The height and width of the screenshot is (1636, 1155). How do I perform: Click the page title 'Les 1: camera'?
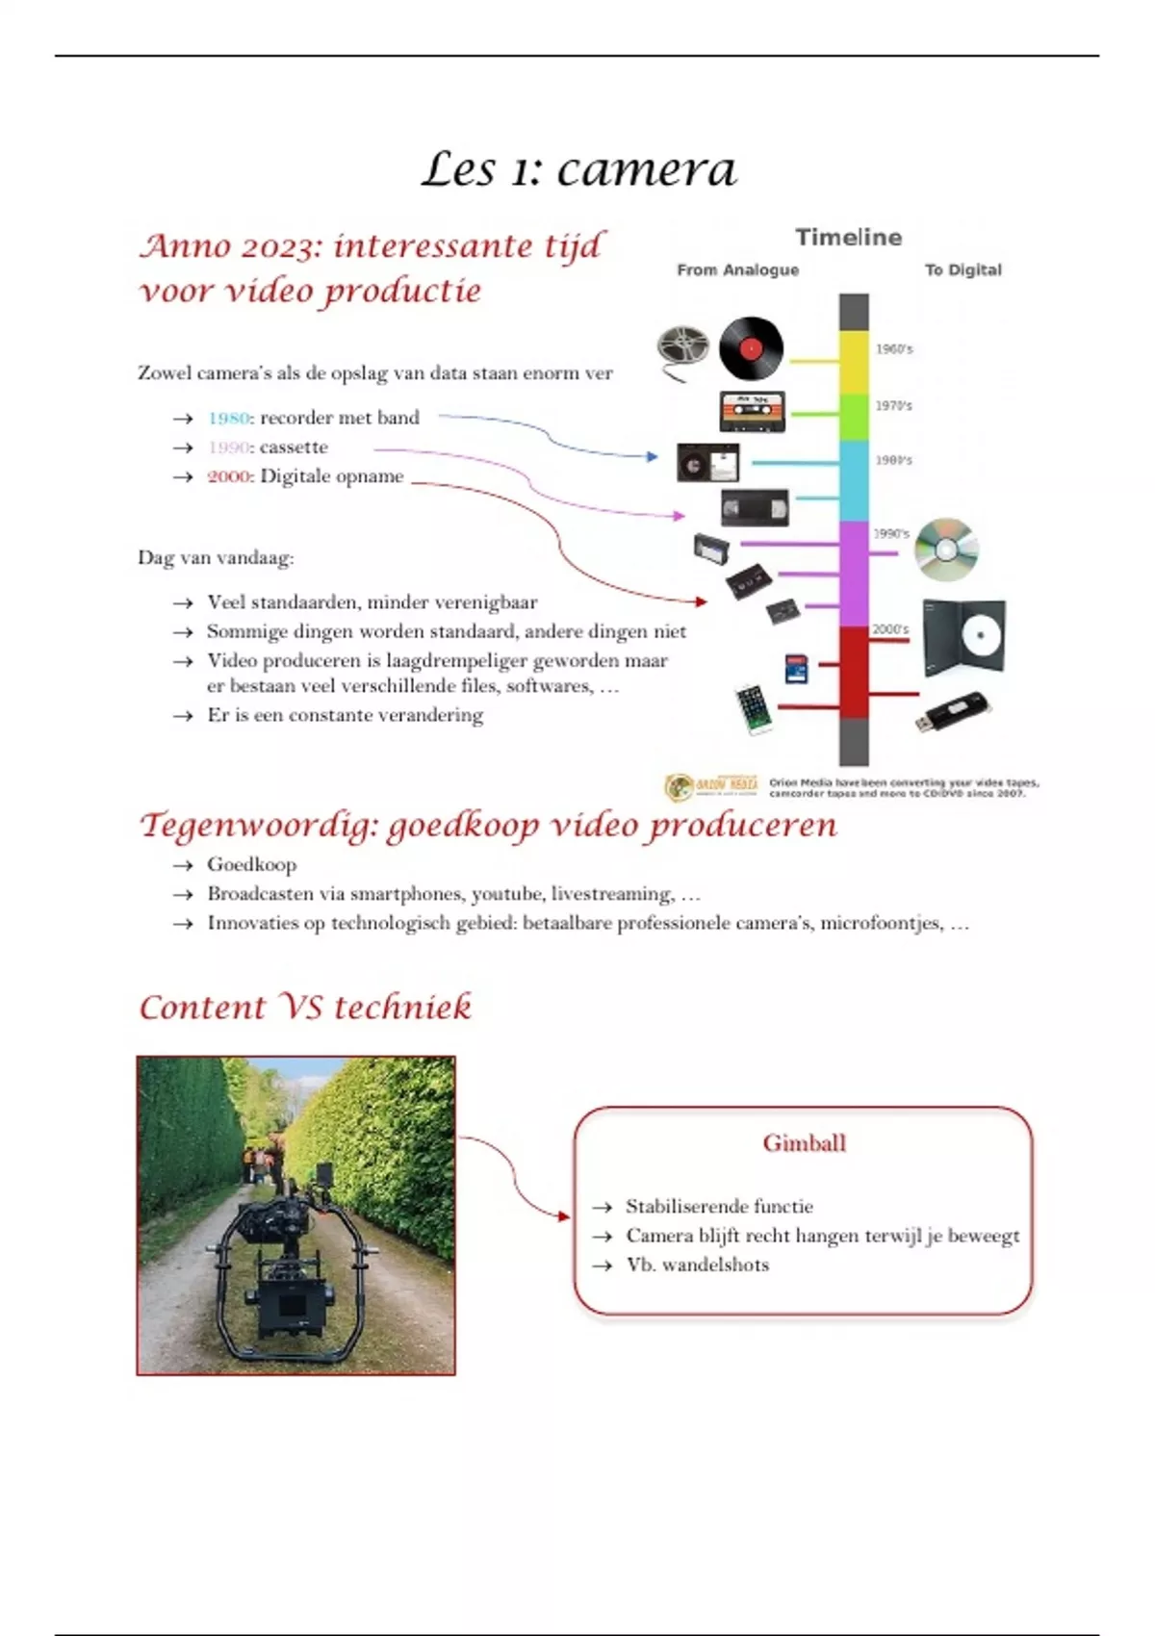coord(578,170)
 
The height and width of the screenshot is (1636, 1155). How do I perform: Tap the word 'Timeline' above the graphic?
coord(848,238)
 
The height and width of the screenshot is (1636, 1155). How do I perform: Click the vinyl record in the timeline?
coord(751,347)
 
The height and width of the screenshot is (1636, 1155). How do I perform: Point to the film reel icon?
coord(683,346)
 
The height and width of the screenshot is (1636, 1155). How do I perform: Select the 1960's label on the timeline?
coord(893,349)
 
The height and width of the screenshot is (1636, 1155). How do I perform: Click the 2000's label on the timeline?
coord(890,629)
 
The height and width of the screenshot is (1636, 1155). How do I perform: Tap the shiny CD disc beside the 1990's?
coord(945,550)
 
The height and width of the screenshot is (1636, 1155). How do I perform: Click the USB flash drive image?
coord(953,712)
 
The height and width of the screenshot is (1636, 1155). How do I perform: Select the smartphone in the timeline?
coord(754,708)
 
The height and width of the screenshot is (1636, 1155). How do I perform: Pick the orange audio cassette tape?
coord(753,411)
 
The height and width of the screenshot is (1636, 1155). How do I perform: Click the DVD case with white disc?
coord(963,635)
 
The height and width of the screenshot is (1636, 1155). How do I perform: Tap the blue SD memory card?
coord(796,669)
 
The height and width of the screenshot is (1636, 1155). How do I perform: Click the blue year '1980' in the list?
coord(229,419)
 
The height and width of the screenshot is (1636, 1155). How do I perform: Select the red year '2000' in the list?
coord(229,476)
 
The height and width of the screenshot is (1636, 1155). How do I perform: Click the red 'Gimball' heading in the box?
coord(804,1143)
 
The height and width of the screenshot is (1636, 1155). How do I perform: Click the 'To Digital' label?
coord(962,270)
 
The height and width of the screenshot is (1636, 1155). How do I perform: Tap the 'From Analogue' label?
coord(737,270)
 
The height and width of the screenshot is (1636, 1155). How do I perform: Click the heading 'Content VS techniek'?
coord(305,1008)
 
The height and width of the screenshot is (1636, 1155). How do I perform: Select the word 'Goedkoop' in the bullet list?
coord(251,864)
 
